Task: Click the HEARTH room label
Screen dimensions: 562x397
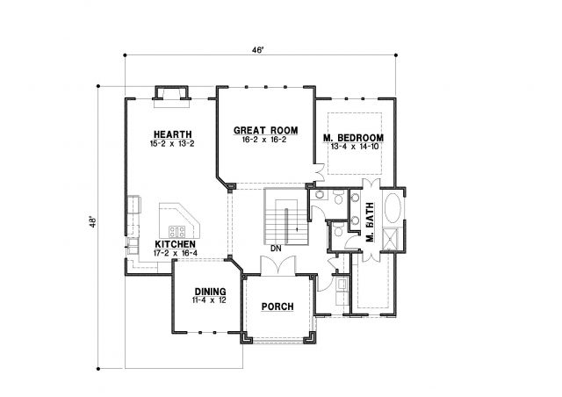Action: (173, 134)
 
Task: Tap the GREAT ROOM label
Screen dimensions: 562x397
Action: (265, 130)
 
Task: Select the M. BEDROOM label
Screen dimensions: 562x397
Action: (353, 138)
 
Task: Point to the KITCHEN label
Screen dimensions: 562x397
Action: (176, 244)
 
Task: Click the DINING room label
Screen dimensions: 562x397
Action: (211, 292)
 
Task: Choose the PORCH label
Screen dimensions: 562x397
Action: (277, 307)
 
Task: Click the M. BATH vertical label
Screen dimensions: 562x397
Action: (370, 222)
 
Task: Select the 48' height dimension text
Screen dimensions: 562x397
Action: (93, 222)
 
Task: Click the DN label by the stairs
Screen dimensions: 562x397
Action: (276, 249)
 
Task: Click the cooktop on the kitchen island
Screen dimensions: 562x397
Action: (177, 231)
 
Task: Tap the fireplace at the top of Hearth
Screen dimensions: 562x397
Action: (172, 96)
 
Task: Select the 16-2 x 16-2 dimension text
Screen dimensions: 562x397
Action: (264, 140)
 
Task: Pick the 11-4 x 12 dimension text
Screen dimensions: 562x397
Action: (209, 300)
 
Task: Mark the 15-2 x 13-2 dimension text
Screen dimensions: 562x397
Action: (172, 144)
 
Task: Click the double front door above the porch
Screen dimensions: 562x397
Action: (278, 266)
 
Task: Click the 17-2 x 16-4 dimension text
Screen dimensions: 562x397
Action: (176, 253)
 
